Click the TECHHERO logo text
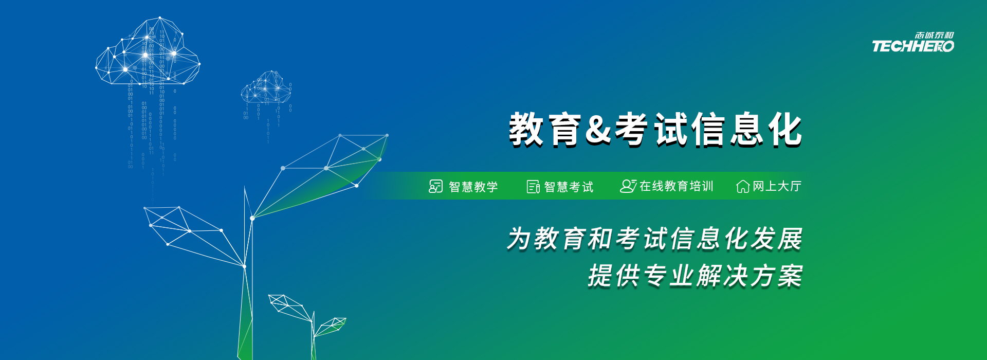point(913,46)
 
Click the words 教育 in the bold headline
point(545,130)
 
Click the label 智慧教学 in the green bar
point(473,187)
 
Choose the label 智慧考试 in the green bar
point(569,187)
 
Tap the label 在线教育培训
point(677,186)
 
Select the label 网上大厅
point(777,186)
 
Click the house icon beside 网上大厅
point(743,186)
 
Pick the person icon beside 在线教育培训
point(628,186)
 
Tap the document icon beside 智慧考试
point(533,187)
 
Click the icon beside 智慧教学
point(435,186)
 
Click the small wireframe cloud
point(266,87)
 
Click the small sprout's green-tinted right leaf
point(330,326)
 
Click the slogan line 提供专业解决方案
point(695,276)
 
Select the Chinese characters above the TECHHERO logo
point(934,35)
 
